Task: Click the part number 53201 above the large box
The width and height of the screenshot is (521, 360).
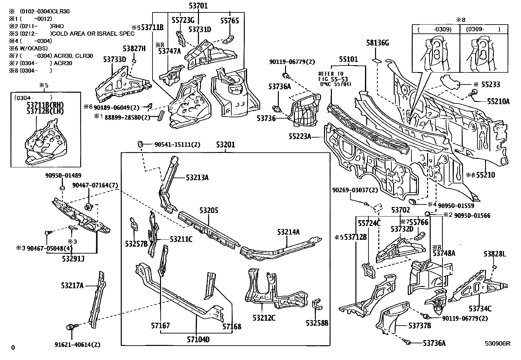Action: pos(225,145)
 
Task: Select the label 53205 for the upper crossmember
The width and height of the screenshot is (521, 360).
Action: pos(209,210)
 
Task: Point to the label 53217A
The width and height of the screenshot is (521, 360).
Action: pos(72,286)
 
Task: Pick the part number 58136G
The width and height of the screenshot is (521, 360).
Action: pos(377,43)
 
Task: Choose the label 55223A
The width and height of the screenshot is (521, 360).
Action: pos(300,136)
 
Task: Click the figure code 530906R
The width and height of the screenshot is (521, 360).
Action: pos(497,344)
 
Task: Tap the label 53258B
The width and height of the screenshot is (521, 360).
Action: pos(317,323)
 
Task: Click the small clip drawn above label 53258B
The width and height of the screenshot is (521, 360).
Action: pos(316,305)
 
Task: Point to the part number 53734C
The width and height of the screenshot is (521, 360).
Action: pos(480,309)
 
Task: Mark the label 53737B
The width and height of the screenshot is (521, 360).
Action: pos(420,326)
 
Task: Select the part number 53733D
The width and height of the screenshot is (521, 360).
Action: pos(115,59)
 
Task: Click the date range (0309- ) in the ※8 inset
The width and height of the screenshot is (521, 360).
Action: pos(480,30)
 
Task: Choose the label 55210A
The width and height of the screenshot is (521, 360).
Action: pos(498,102)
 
